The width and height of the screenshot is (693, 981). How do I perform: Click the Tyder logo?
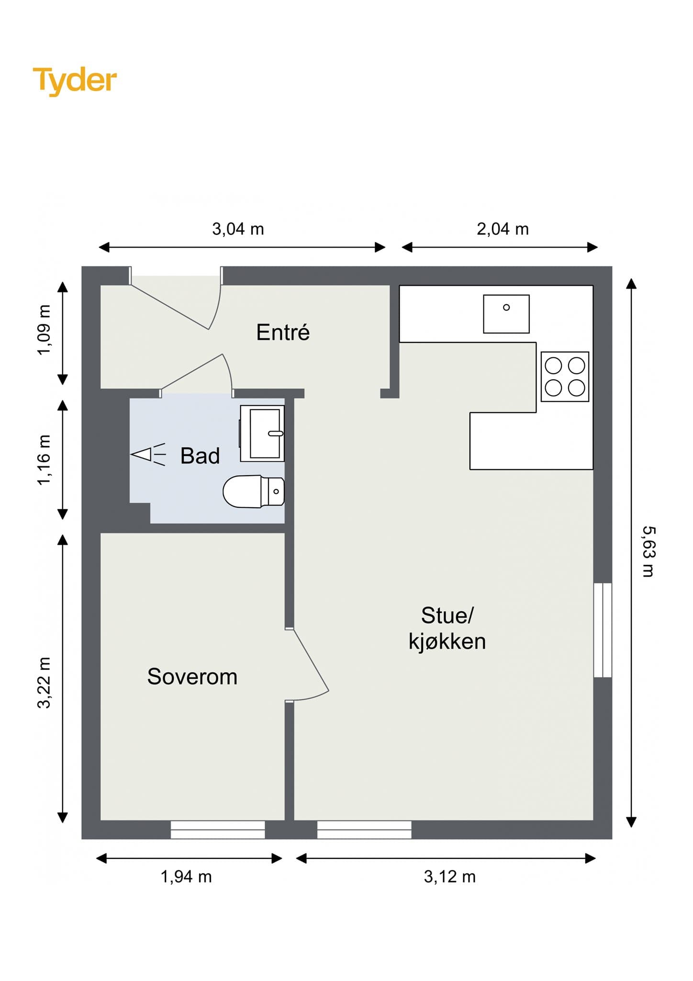(x=75, y=80)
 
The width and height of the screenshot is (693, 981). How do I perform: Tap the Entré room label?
(x=283, y=332)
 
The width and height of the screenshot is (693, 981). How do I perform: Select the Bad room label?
(x=200, y=456)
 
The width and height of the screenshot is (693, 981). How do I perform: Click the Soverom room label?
(x=192, y=676)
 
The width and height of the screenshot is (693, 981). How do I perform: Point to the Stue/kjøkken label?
(x=447, y=628)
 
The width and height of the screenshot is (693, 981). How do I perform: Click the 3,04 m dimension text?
(x=238, y=229)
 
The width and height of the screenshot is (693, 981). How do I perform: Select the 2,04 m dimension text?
(x=503, y=229)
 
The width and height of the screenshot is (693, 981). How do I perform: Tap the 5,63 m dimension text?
(x=648, y=551)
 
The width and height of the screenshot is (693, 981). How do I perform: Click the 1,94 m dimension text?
(x=186, y=877)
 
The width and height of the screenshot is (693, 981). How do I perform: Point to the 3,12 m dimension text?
(x=450, y=877)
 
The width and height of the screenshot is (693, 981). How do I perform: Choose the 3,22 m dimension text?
(x=44, y=683)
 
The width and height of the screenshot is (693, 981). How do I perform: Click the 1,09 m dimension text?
(x=44, y=330)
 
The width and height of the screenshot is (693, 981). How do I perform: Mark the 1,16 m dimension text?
(x=44, y=460)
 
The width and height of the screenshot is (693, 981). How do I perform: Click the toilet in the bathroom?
(x=254, y=491)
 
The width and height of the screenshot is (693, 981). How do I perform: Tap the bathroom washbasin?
(x=262, y=433)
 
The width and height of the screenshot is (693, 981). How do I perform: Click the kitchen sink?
(x=506, y=314)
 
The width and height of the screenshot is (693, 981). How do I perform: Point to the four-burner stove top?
(x=565, y=376)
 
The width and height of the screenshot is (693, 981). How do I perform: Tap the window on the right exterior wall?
(x=603, y=630)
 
